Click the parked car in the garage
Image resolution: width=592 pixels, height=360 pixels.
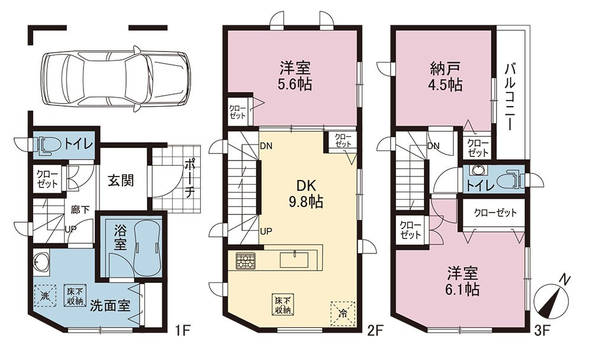click(116, 79)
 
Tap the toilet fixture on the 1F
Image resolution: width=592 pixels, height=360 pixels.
click(48, 144)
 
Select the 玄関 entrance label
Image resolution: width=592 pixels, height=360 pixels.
click(121, 181)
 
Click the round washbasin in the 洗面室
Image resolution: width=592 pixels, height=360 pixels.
click(41, 261)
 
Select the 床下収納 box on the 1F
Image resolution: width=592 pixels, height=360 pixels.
click(75, 295)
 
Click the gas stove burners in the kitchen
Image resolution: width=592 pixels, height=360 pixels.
click(246, 261)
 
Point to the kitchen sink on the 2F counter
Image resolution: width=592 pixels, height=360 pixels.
click(294, 259)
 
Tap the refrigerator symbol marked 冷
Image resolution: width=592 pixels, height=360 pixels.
click(343, 313)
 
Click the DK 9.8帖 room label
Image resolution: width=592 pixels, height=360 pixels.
click(306, 194)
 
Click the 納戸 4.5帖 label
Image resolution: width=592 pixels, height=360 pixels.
click(446, 76)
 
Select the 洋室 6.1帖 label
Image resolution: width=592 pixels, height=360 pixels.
click(463, 281)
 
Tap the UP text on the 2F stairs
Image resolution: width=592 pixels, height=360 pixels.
click(266, 231)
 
